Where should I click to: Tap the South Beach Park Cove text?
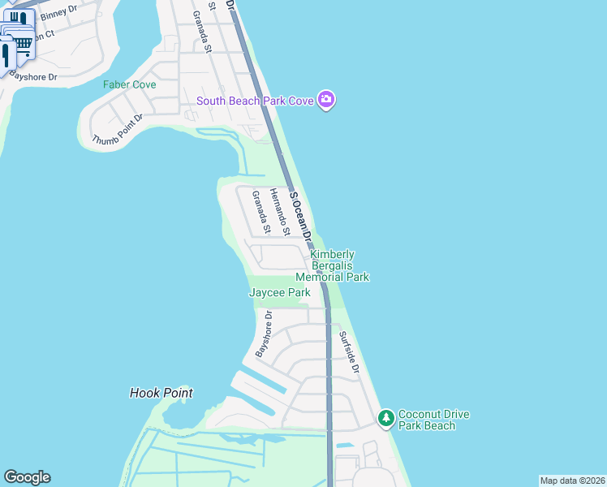(x=256, y=101)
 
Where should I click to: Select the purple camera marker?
(x=326, y=100)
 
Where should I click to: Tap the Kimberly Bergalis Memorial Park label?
(x=339, y=265)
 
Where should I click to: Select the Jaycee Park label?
(x=279, y=292)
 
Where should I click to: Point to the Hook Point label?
(x=161, y=393)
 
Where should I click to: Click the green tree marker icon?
(x=386, y=419)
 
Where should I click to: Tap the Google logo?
(x=27, y=477)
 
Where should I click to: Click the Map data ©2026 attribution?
(x=572, y=481)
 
